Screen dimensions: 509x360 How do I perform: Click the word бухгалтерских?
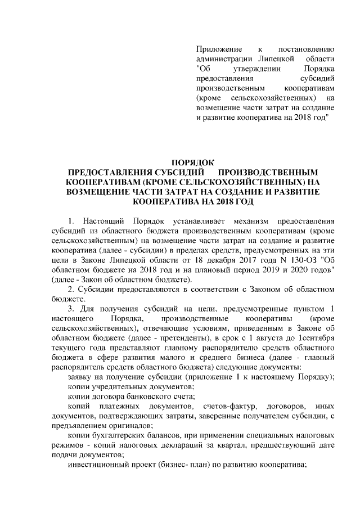120,438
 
